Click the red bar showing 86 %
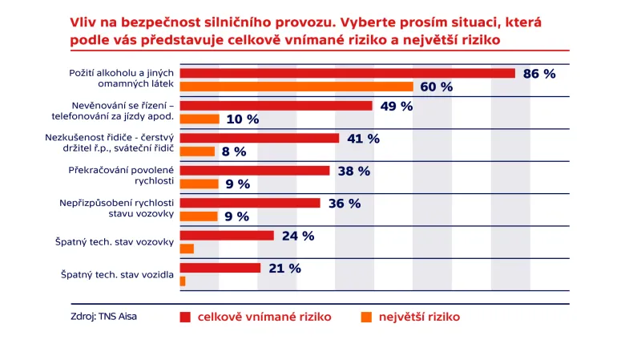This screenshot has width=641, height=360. tap(347, 73)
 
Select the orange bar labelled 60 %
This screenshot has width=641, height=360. tap(296, 87)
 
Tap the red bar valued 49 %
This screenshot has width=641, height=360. tap(276, 106)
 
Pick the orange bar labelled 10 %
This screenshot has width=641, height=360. tap(200, 119)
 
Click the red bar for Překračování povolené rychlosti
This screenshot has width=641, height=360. tap(255, 170)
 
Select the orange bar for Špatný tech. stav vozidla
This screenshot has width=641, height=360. tap(183, 281)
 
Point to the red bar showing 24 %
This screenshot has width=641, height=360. tap(227, 236)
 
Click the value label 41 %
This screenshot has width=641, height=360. tap(363, 138)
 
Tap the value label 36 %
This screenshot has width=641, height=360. tap(345, 203)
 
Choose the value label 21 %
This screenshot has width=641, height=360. tap(284, 268)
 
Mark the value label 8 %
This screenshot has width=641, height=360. tap(234, 152)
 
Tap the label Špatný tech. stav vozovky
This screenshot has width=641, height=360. tap(118, 242)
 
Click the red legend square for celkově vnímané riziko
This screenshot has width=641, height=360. tap(185, 317)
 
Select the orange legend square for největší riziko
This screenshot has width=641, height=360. tap(365, 317)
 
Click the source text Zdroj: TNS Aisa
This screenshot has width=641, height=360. tap(103, 317)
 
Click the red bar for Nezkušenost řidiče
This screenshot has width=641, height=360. tap(260, 138)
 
